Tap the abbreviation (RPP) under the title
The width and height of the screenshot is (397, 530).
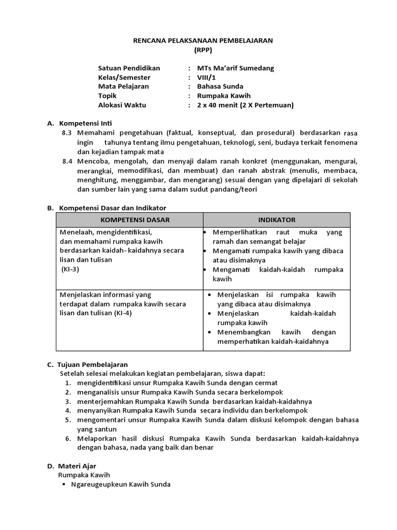(x=203, y=50)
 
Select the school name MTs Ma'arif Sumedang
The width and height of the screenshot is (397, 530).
(x=236, y=68)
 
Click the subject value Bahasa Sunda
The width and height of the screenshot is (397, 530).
(x=220, y=86)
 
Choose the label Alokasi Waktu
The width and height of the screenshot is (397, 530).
(x=122, y=105)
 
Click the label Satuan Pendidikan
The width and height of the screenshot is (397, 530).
(x=129, y=68)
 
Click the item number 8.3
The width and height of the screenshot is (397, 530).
(x=67, y=133)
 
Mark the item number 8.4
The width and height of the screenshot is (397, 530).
(x=67, y=161)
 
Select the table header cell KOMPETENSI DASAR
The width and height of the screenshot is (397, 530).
(x=132, y=220)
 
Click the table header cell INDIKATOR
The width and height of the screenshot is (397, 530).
(x=277, y=220)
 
